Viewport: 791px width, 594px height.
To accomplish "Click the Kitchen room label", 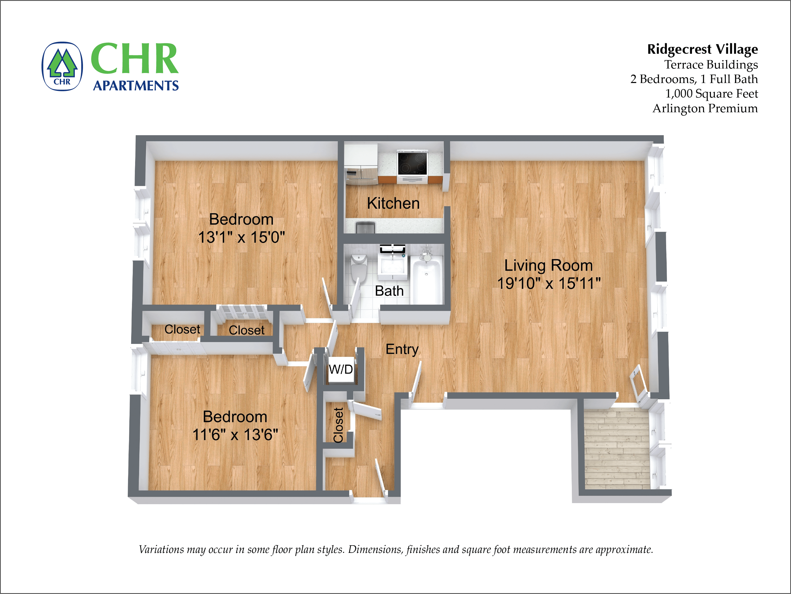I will pos(393,203).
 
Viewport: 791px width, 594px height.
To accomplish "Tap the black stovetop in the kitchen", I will pos(412,163).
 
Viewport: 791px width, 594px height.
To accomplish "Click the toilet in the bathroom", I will pos(359,267).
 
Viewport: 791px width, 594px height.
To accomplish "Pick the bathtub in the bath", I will pos(427,281).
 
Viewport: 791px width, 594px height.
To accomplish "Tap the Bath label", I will pos(389,291).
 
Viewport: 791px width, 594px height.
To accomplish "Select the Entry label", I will pos(402,349).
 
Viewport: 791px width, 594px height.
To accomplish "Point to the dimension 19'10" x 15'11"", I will pos(549,283).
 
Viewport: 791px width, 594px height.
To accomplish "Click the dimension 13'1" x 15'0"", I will pos(241,237).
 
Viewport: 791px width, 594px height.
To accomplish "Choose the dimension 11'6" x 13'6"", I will pos(235,435).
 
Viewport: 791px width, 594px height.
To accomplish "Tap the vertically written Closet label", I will pos(338,425).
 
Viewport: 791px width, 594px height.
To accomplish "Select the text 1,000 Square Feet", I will pos(711,94).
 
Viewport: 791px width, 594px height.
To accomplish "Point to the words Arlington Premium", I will pos(705,108).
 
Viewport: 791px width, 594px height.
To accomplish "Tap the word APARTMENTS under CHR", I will pos(136,86).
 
